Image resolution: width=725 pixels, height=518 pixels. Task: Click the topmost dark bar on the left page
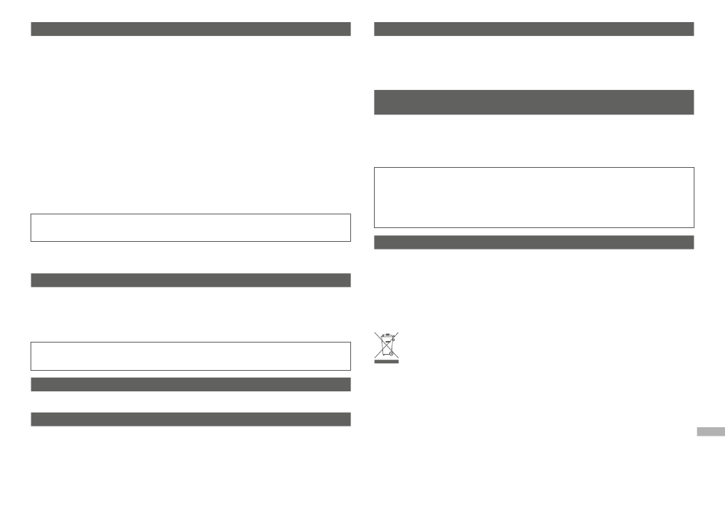(x=190, y=29)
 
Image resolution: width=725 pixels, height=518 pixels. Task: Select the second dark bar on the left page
(x=190, y=280)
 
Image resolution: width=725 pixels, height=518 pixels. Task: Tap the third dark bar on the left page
(x=190, y=384)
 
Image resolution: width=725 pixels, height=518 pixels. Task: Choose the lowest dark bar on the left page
(x=190, y=419)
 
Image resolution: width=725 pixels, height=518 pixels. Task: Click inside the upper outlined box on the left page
(x=190, y=228)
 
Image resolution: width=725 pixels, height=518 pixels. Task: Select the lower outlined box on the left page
(x=190, y=356)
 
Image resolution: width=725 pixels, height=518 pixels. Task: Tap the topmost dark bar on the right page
(x=533, y=29)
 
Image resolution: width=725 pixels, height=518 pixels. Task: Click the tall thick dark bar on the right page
(x=533, y=102)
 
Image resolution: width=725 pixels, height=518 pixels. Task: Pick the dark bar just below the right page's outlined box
(x=533, y=242)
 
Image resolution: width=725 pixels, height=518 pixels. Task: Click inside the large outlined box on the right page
(x=533, y=198)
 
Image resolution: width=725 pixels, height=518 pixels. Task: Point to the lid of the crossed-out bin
(x=386, y=335)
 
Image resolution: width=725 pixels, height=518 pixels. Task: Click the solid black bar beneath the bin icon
(x=387, y=363)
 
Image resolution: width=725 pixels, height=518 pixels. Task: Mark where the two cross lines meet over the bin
(x=387, y=345)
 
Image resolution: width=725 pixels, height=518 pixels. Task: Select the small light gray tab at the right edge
(x=710, y=432)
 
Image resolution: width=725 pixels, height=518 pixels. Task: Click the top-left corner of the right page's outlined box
(x=374, y=168)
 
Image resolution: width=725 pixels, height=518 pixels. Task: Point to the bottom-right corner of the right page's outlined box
(x=694, y=227)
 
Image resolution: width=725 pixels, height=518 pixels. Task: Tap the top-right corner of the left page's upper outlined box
(x=350, y=214)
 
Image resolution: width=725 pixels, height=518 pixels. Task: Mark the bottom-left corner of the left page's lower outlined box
(x=31, y=370)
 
